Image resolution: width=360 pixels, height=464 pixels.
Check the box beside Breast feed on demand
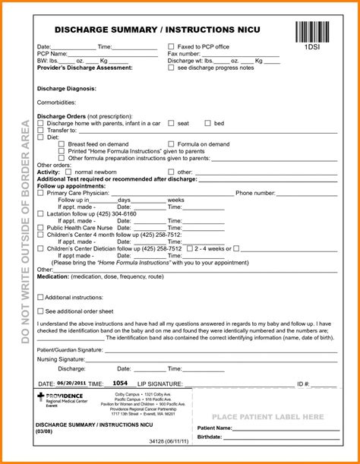point(61,144)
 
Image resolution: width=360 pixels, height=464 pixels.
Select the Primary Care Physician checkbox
point(40,193)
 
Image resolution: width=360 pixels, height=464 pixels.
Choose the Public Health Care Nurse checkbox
point(40,227)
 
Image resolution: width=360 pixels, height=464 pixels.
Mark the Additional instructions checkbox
point(40,297)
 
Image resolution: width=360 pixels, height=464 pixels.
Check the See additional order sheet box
point(40,311)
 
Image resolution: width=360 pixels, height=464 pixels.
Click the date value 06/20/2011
point(71,384)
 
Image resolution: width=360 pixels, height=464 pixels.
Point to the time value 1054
point(120,384)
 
